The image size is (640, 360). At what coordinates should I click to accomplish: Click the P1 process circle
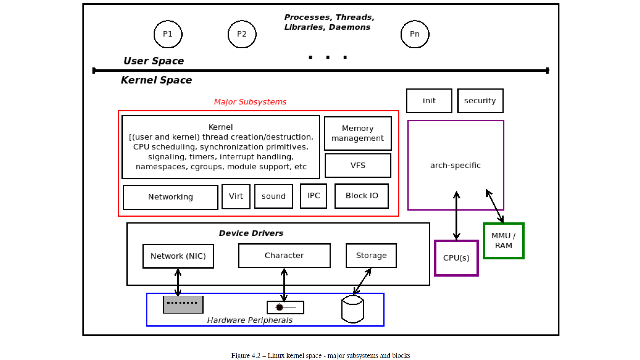pyautogui.click(x=168, y=34)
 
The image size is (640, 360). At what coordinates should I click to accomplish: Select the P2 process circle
pyautogui.click(x=242, y=34)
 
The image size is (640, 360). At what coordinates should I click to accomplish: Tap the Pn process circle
pyautogui.click(x=415, y=34)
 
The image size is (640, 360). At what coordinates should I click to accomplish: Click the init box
pyautogui.click(x=429, y=101)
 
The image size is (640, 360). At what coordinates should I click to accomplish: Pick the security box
pyautogui.click(x=480, y=101)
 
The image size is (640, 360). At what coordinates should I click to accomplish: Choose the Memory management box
pyautogui.click(x=358, y=133)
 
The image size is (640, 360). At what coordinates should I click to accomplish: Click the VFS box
pyautogui.click(x=358, y=165)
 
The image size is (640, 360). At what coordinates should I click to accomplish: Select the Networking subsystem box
pyautogui.click(x=170, y=197)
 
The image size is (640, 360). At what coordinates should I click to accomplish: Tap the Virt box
pyautogui.click(x=236, y=197)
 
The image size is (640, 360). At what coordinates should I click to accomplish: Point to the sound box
pyautogui.click(x=273, y=197)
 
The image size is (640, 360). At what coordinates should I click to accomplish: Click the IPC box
pyautogui.click(x=313, y=196)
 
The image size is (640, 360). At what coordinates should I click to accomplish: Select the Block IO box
pyautogui.click(x=362, y=196)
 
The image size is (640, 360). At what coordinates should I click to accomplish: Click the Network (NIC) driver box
pyautogui.click(x=178, y=256)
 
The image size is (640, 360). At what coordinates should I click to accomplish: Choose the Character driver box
pyautogui.click(x=284, y=255)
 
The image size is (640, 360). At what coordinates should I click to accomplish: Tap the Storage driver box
pyautogui.click(x=371, y=255)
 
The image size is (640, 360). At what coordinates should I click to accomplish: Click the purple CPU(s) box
pyautogui.click(x=456, y=258)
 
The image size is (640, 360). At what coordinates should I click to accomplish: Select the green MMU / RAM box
pyautogui.click(x=503, y=241)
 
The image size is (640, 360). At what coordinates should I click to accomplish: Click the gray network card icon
pyautogui.click(x=183, y=305)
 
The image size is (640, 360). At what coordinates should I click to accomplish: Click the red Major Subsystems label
pyautogui.click(x=250, y=102)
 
